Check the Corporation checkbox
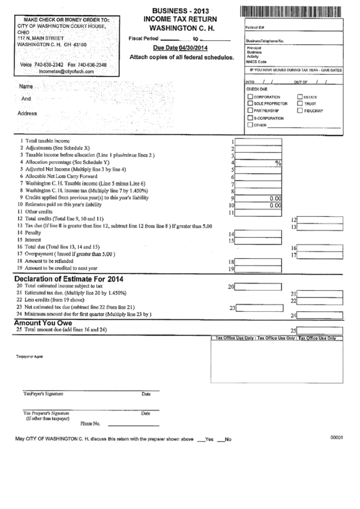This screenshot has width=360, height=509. (x=251, y=97)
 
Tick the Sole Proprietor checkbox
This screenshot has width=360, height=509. (x=251, y=104)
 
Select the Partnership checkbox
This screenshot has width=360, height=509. (x=251, y=110)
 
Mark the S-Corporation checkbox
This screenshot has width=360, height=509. (x=251, y=118)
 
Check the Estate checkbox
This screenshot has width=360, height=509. (x=300, y=97)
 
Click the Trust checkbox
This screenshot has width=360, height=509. (x=300, y=104)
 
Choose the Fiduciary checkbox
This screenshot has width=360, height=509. (x=300, y=110)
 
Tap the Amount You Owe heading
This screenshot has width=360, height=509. (x=44, y=323)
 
